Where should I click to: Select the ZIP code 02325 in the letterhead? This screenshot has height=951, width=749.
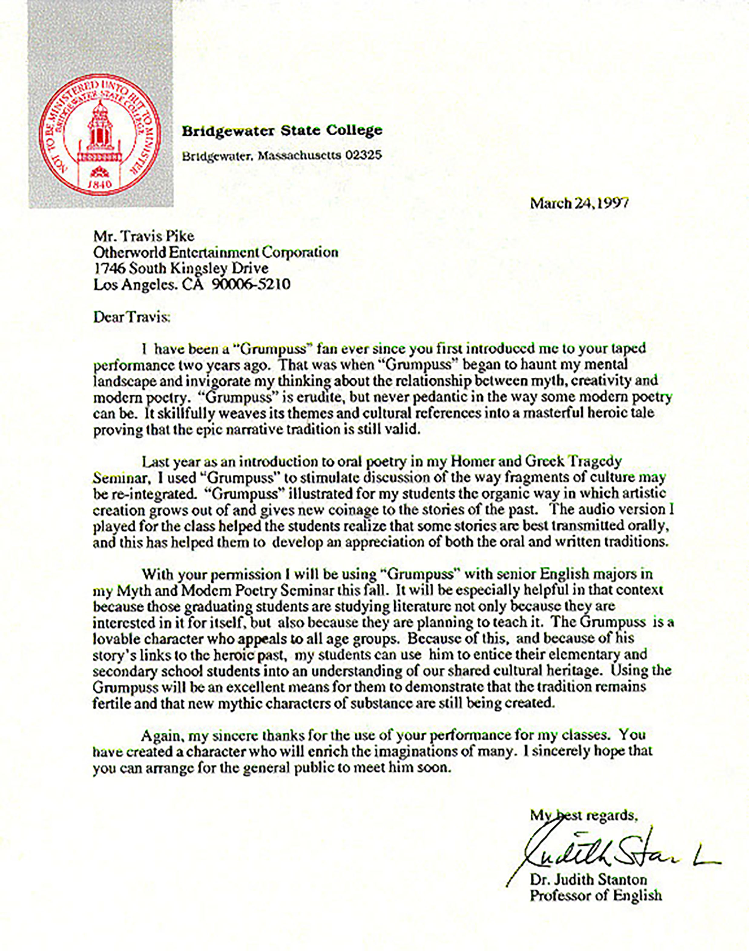pyautogui.click(x=363, y=155)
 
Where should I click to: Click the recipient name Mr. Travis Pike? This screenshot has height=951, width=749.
pyautogui.click(x=144, y=236)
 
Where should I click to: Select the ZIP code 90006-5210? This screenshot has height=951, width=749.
pyautogui.click(x=251, y=285)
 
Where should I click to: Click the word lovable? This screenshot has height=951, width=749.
pyautogui.click(x=115, y=638)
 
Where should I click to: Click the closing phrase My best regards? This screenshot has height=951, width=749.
pyautogui.click(x=583, y=815)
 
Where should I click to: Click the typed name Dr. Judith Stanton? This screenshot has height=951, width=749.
pyautogui.click(x=588, y=880)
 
